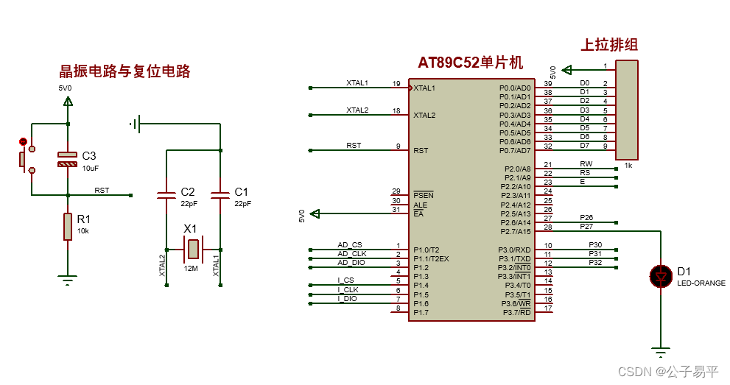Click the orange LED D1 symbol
pyautogui.click(x=661, y=276)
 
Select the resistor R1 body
pyautogui.click(x=68, y=226)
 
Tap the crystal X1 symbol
pyautogui.click(x=192, y=249)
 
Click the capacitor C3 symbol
pyautogui.click(x=68, y=159)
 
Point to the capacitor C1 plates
pyautogui.click(x=220, y=195)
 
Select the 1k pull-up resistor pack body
pyautogui.click(x=626, y=109)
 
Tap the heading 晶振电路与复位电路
pyautogui.click(x=124, y=71)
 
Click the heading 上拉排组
pyautogui.click(x=609, y=44)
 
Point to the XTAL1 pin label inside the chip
pyautogui.click(x=424, y=88)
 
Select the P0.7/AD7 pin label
pyautogui.click(x=515, y=151)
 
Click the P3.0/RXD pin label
pyautogui.click(x=515, y=250)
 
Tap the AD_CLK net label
pyautogui.click(x=352, y=253)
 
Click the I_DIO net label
pyautogui.click(x=348, y=298)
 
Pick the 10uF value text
pyautogui.click(x=90, y=169)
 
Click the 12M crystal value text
pyautogui.click(x=191, y=268)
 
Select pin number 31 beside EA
pyautogui.click(x=396, y=211)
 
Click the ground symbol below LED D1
pyautogui.click(x=661, y=349)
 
